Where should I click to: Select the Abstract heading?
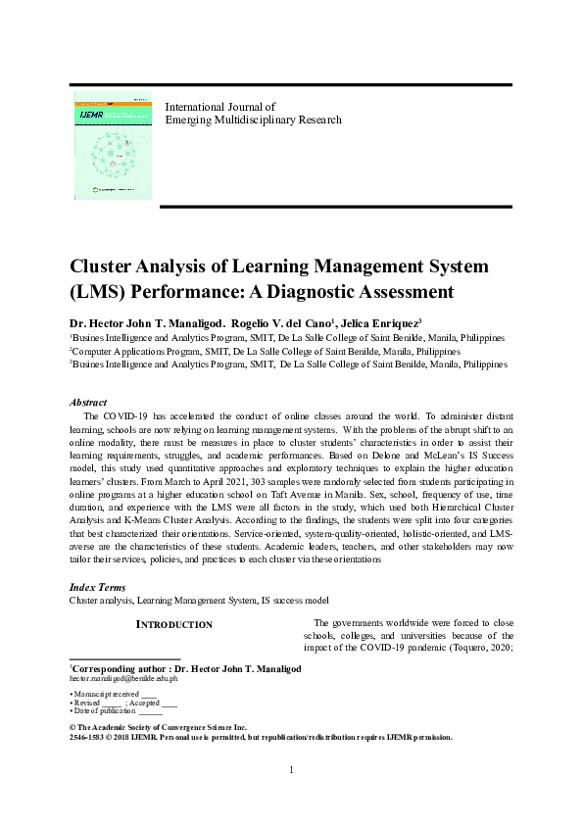coord(88,403)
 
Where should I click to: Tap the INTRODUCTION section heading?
coord(173,624)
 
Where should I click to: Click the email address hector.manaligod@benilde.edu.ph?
coord(122,677)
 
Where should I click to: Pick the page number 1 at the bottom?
coord(292,796)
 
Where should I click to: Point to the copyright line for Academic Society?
coord(171,727)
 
